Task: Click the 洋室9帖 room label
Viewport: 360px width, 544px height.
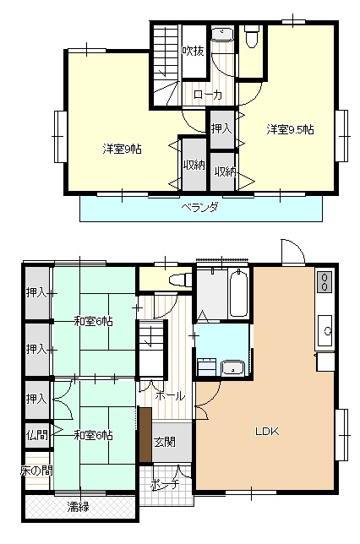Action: [x=122, y=150]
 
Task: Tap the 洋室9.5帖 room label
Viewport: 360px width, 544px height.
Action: [x=290, y=129]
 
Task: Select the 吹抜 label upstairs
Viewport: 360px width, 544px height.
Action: [x=193, y=51]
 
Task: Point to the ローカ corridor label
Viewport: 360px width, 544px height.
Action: [x=208, y=95]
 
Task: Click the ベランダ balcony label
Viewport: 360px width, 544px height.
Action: [x=200, y=208]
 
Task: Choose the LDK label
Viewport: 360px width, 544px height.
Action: [x=267, y=432]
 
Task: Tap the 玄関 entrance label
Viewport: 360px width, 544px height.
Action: [x=165, y=442]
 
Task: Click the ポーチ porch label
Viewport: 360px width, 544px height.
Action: [x=165, y=484]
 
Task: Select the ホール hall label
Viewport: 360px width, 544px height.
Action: [x=170, y=395]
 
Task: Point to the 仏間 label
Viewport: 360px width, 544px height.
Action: [x=37, y=434]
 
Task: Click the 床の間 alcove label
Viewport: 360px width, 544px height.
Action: [x=36, y=471]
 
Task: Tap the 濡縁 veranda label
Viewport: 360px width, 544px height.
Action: [x=78, y=507]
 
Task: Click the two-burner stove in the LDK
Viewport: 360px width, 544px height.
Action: [x=325, y=282]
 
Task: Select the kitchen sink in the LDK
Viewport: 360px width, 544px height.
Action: [x=325, y=329]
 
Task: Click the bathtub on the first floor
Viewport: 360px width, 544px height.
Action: [x=238, y=293]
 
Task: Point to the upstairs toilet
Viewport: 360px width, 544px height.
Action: [x=251, y=36]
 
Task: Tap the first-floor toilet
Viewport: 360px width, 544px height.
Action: [x=180, y=280]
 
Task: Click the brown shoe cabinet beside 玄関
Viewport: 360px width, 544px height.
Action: [x=145, y=435]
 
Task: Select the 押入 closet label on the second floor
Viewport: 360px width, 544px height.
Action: [x=222, y=128]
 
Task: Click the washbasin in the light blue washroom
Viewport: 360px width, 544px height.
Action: [x=233, y=367]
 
